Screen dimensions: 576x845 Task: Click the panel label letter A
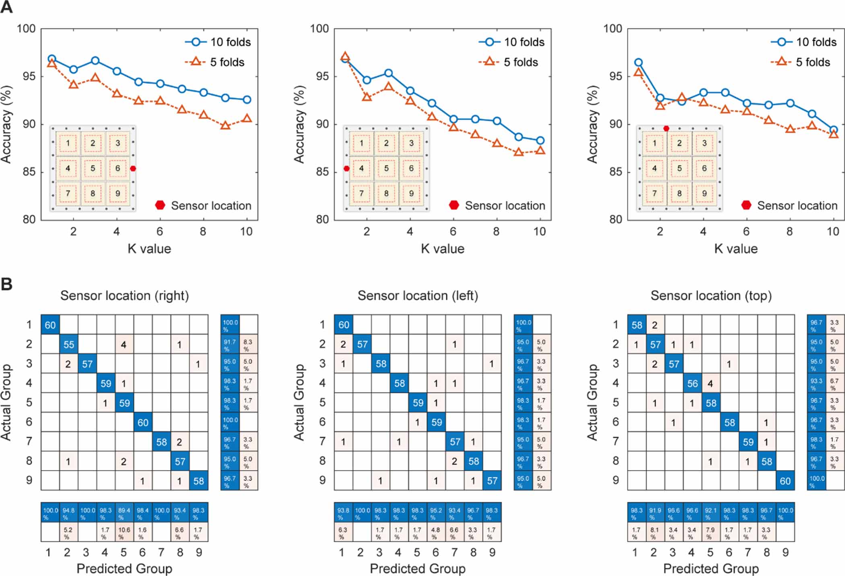tap(6, 7)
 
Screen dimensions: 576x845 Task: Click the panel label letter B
tap(6, 284)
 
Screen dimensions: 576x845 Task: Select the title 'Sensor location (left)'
tap(418, 296)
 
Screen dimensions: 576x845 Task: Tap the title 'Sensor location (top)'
tap(711, 296)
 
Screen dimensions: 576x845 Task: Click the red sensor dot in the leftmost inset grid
tap(133, 169)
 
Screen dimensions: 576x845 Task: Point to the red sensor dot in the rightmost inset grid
tap(666, 128)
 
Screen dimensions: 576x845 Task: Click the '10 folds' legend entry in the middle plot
tap(523, 42)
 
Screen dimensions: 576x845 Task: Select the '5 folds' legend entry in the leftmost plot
tap(227, 62)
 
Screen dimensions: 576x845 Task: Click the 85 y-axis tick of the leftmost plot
tap(29, 172)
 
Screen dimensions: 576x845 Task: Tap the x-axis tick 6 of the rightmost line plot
tap(746, 232)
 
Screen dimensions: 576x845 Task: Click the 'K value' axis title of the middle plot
tap(443, 249)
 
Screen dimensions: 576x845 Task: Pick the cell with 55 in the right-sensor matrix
tap(69, 345)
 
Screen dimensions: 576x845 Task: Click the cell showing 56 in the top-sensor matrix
tap(692, 384)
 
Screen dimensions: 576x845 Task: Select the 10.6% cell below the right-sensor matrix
tap(124, 532)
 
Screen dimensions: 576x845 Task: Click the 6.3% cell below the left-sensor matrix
tap(343, 532)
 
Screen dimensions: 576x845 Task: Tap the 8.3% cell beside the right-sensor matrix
tap(248, 345)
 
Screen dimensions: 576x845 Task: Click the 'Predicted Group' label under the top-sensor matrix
tap(711, 568)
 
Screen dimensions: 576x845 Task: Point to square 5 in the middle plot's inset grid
tap(386, 168)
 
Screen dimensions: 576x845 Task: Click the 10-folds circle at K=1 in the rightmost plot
tap(638, 62)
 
